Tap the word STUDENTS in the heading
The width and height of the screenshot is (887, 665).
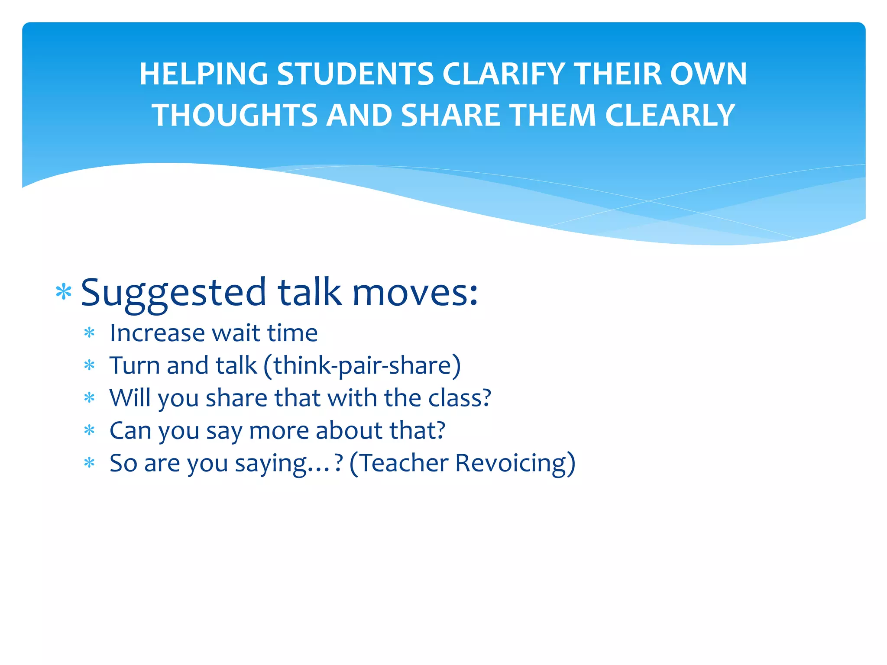tap(355, 74)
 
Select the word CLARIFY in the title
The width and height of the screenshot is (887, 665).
tap(504, 74)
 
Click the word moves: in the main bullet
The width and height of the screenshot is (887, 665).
tap(415, 292)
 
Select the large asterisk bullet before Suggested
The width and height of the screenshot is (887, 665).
tap(64, 292)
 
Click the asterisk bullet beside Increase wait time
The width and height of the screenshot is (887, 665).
tap(89, 333)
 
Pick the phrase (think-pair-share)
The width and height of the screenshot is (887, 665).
tap(362, 366)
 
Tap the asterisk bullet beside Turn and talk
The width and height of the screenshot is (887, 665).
tap(89, 365)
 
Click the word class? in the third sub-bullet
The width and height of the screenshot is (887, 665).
tap(460, 398)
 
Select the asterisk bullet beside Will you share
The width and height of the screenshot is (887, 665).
tap(89, 398)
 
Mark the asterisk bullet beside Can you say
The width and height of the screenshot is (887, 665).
tap(89, 430)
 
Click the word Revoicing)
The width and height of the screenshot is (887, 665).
tap(515, 463)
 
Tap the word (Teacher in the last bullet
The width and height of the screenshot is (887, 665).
tap(399, 463)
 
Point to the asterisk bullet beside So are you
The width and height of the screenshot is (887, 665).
tap(89, 463)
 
